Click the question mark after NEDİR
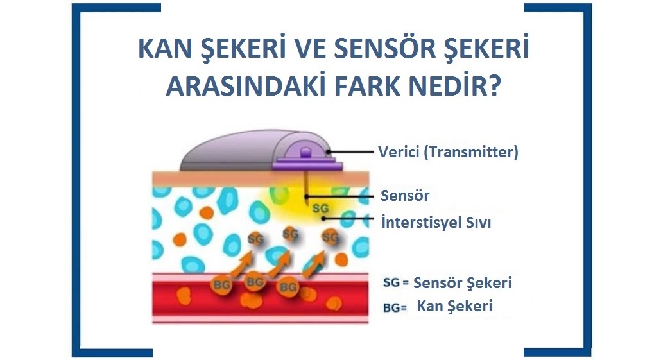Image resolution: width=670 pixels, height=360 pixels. [x=494, y=86]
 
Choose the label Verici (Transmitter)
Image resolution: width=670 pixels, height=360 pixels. [x=448, y=152]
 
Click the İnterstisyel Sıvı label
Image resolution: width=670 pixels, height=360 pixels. [x=436, y=223]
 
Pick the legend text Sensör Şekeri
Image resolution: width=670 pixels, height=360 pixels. [x=462, y=283]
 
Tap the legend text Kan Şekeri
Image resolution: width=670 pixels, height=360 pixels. [x=454, y=305]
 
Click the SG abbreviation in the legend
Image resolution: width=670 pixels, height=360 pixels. [x=391, y=282]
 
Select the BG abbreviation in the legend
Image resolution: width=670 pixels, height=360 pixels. [x=391, y=307]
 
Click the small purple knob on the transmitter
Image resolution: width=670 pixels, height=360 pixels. [x=305, y=153]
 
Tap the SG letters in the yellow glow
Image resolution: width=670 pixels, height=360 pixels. [x=320, y=208]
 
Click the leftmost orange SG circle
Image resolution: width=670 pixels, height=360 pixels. [x=256, y=239]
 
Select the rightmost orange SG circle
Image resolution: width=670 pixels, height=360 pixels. [x=331, y=237]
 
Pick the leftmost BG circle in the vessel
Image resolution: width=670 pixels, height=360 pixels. [x=222, y=284]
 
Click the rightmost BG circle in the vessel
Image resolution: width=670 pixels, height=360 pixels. [x=288, y=287]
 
